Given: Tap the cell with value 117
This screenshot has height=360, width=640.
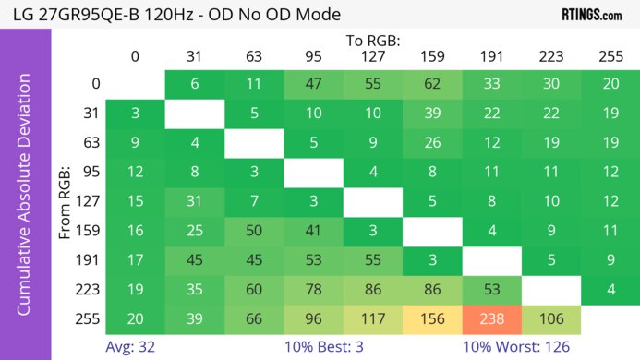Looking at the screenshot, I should [372, 318].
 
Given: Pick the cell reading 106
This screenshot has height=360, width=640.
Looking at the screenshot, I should [549, 318].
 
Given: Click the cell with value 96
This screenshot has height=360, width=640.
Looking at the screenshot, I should [313, 318].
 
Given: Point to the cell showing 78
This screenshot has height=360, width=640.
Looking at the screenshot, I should [313, 289].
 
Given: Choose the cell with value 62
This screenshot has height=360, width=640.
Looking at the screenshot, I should [431, 82].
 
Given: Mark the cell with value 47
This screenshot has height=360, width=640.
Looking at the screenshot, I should [313, 82].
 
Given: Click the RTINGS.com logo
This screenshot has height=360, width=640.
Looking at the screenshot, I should [592, 14].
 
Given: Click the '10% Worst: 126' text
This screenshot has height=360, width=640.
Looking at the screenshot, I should [524, 347].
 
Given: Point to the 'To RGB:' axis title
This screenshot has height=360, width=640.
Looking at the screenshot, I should [372, 41].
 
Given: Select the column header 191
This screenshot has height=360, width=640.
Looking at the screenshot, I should [490, 56].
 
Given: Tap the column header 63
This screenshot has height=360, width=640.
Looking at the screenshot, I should [254, 56].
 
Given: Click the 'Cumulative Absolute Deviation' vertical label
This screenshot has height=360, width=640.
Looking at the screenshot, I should [25, 200].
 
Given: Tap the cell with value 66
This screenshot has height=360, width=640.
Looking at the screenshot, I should [254, 318].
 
